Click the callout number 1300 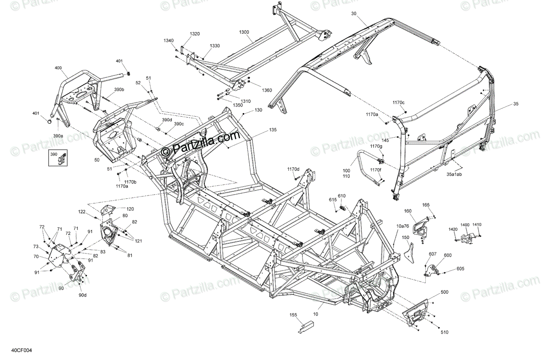(x=244, y=32)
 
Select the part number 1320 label (x=195, y=34)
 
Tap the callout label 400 (x=58, y=68)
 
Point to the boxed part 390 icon (x=59, y=158)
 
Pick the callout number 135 (x=272, y=130)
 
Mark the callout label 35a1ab (x=454, y=175)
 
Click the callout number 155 (x=293, y=315)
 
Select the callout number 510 (x=444, y=332)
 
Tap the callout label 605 (x=460, y=269)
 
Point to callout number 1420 (x=453, y=229)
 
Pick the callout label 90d (x=82, y=295)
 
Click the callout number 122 (x=82, y=212)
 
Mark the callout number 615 (x=333, y=200)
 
